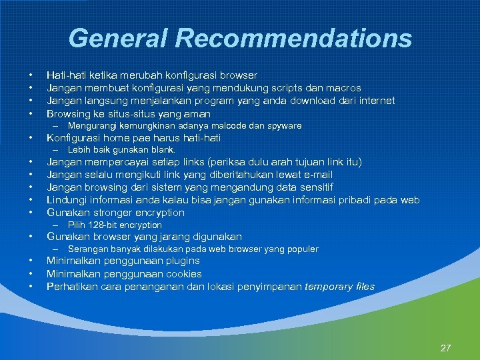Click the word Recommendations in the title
(294, 38)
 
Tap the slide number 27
(446, 347)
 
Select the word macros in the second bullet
(344, 88)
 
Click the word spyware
(283, 125)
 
